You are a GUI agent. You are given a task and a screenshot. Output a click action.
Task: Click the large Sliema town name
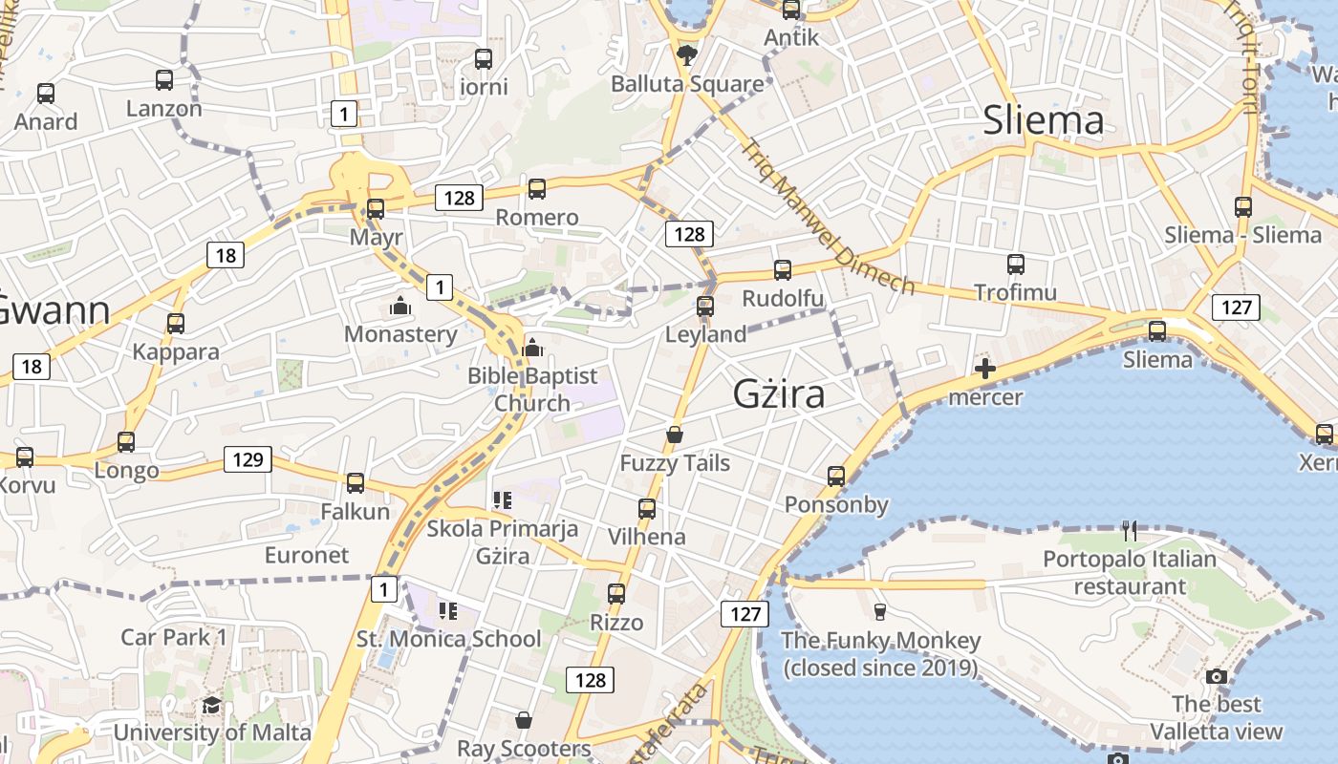click(1044, 120)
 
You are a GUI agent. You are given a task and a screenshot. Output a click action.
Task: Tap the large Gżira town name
click(779, 393)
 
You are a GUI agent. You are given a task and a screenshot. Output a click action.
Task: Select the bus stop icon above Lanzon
click(164, 80)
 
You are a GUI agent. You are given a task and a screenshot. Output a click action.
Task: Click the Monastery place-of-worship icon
click(400, 307)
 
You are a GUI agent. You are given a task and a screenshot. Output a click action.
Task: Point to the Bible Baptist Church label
click(532, 390)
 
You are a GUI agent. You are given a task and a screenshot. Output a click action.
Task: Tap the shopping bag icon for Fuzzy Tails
click(675, 435)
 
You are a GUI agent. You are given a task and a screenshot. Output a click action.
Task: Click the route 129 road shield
click(248, 459)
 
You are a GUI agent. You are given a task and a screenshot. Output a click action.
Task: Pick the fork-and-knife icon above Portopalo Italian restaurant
click(1130, 531)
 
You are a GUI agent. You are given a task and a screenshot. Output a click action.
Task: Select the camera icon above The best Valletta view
click(1217, 676)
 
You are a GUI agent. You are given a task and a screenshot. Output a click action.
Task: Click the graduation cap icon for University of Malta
click(211, 705)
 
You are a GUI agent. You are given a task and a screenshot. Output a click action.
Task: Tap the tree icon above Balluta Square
click(686, 55)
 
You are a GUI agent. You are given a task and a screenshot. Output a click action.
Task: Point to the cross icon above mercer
click(985, 369)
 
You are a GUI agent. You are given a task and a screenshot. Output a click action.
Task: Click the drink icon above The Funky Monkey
click(880, 611)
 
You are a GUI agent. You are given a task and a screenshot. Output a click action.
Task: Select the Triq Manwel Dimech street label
click(827, 217)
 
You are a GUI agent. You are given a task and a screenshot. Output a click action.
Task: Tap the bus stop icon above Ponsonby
click(836, 476)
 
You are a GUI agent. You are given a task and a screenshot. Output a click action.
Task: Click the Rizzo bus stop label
click(616, 623)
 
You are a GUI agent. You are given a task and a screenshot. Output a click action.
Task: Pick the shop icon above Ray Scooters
click(523, 719)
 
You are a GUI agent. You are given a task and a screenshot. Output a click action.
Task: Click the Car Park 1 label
click(174, 637)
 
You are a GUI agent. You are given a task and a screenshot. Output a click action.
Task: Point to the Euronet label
click(307, 555)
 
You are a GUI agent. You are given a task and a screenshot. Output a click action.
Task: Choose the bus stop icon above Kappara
click(176, 324)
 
